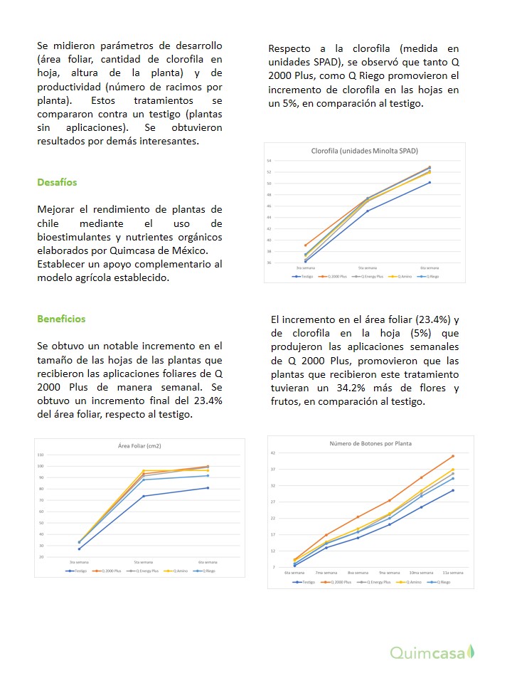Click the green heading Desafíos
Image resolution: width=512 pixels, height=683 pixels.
tap(57, 182)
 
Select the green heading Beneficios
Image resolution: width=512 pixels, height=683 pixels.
tap(61, 319)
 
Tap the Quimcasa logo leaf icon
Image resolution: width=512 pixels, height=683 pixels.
tap(470, 652)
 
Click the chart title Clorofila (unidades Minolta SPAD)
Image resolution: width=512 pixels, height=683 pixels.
tap(365, 151)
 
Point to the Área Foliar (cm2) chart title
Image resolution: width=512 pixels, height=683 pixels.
tap(139, 446)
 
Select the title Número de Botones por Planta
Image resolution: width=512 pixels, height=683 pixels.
tap(370, 443)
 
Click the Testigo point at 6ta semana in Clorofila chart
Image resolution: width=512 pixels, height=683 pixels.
tap(429, 182)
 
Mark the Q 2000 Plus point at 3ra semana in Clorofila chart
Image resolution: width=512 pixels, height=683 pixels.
tap(306, 245)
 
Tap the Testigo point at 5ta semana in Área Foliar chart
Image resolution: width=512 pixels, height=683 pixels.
tap(144, 496)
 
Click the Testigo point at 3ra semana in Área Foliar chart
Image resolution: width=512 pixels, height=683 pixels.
tap(79, 549)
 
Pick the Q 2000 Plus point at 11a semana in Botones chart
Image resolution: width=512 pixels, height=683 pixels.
tap(452, 456)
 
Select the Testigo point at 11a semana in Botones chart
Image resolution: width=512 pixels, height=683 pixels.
tap(452, 490)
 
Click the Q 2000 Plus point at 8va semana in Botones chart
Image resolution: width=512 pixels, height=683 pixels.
tap(358, 517)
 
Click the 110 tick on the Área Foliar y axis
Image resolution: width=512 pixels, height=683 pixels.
tap(41, 455)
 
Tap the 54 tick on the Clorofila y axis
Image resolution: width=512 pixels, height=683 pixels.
tap(270, 161)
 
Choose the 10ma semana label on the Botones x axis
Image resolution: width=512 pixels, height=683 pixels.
tap(421, 573)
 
